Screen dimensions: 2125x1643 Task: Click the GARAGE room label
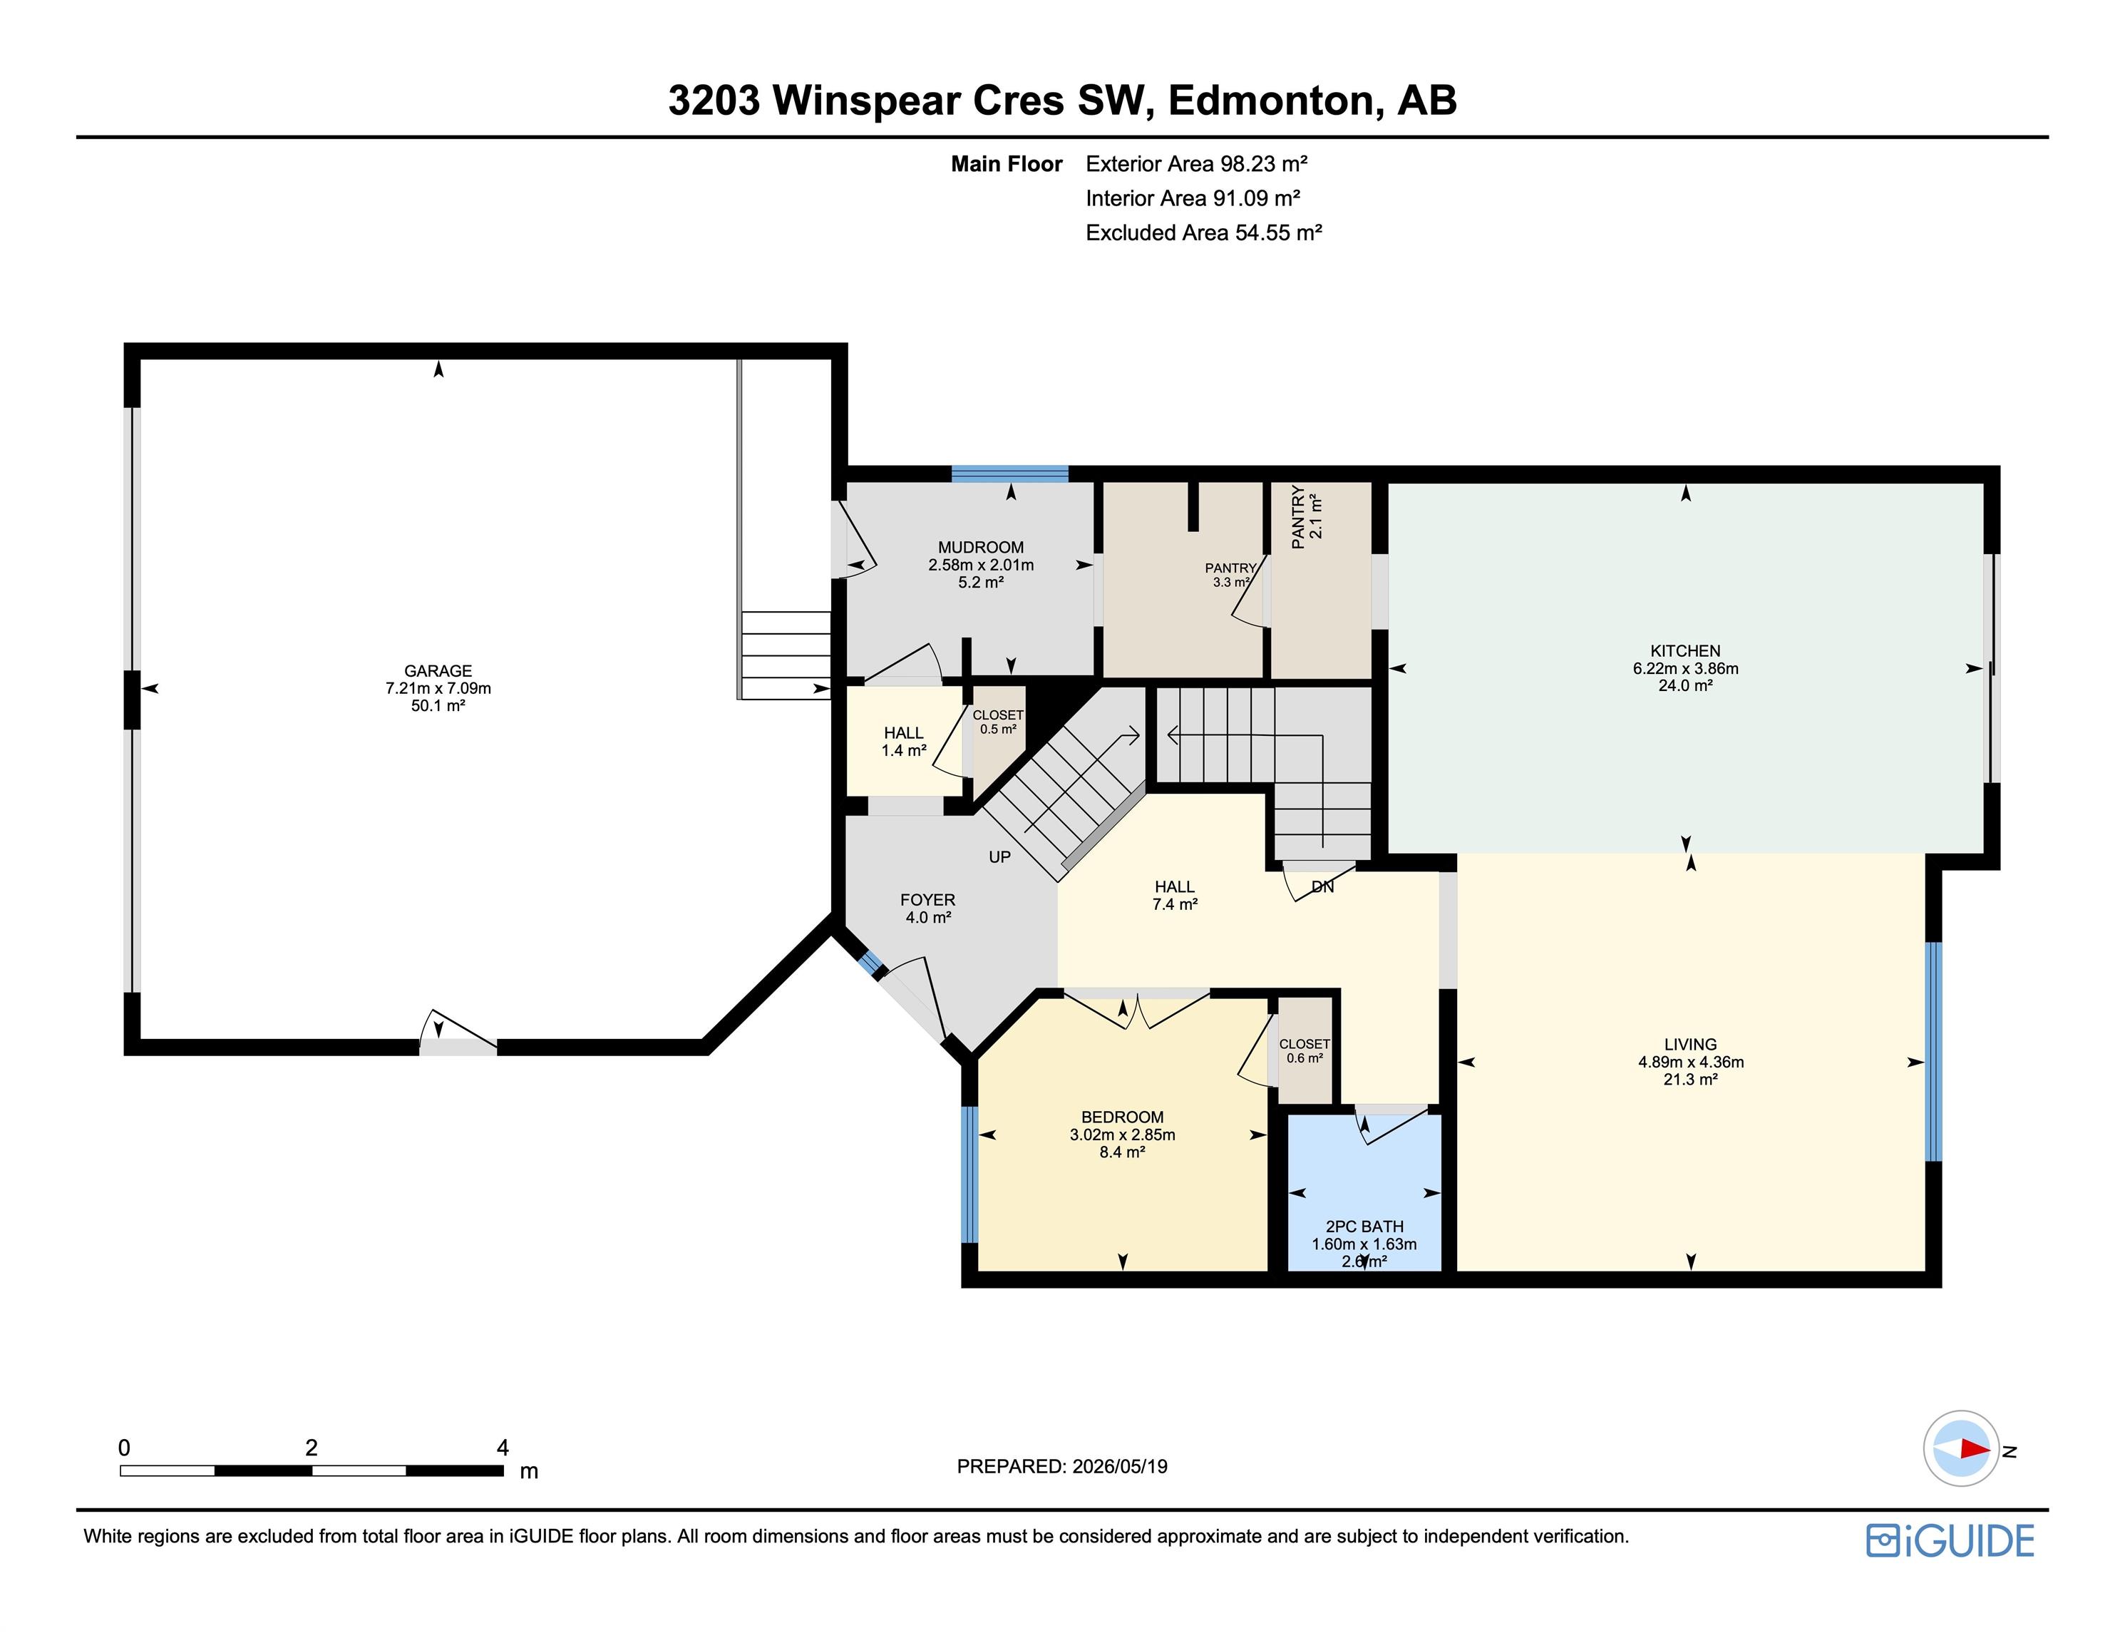[438, 670]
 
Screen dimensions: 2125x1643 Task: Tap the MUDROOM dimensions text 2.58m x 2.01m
[981, 565]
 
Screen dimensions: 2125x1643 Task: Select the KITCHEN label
[1685, 651]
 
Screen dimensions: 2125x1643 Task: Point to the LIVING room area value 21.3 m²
[1691, 1080]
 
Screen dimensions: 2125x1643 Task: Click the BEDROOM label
[1122, 1117]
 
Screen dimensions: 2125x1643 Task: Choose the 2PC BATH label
[1364, 1227]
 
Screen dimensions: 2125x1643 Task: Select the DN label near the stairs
[1322, 886]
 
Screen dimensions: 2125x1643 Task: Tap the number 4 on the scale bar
[502, 1448]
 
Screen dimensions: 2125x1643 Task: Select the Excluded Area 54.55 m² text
[1203, 232]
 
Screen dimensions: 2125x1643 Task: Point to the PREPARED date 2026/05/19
[1119, 1467]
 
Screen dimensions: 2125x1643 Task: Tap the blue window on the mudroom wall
[1010, 474]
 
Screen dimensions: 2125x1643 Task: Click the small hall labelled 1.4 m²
[904, 742]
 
